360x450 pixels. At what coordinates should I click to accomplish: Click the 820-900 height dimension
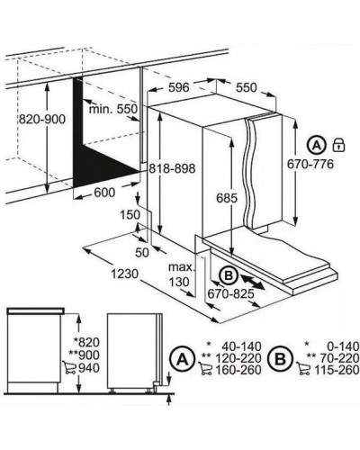[x=42, y=120]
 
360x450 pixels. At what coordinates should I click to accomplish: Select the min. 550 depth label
[x=112, y=109]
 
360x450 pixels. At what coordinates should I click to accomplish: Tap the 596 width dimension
[x=179, y=87]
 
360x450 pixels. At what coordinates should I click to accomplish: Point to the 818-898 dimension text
[x=172, y=168]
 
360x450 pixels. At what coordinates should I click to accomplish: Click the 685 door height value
[x=227, y=198]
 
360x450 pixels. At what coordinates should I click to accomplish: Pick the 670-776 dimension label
[x=310, y=164]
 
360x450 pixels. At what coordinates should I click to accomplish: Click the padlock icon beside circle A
[x=339, y=145]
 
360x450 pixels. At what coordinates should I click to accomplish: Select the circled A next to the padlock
[x=317, y=146]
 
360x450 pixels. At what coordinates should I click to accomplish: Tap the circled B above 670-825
[x=229, y=275]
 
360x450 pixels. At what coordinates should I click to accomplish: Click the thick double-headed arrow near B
[x=253, y=283]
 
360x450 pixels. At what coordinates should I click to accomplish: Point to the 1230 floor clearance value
[x=125, y=274]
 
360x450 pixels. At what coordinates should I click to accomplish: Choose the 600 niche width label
[x=104, y=193]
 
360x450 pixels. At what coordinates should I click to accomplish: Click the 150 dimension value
[x=130, y=215]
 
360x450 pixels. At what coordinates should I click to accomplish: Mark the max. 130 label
[x=181, y=274]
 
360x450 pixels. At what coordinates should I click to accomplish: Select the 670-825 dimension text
[x=230, y=293]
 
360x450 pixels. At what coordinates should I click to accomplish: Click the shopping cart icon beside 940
[x=68, y=368]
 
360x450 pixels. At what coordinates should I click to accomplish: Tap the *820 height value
[x=86, y=342]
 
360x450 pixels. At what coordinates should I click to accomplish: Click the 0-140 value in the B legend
[x=343, y=346]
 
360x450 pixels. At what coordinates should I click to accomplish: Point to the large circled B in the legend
[x=281, y=359]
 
